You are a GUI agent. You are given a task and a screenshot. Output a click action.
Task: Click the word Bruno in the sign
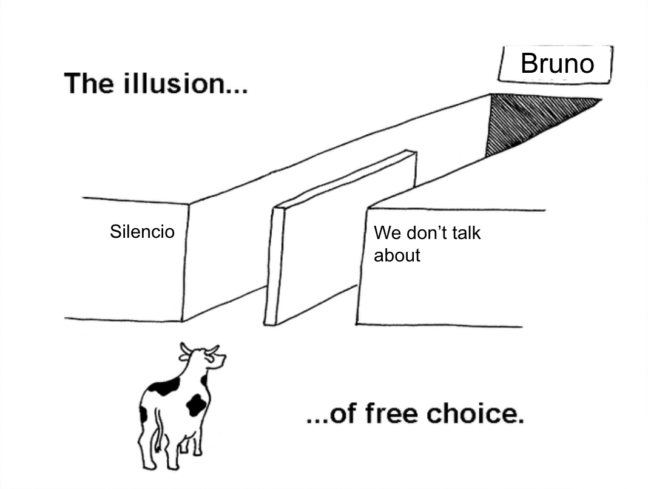[x=557, y=64]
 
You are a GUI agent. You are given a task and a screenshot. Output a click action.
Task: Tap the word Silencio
[x=142, y=232]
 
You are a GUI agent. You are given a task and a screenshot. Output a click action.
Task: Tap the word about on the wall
[x=397, y=255]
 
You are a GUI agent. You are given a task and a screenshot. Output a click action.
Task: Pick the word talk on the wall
[x=464, y=233]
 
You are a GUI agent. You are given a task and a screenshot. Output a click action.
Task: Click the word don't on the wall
[x=422, y=233]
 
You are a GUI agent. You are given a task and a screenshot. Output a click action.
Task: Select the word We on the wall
[x=385, y=233]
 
